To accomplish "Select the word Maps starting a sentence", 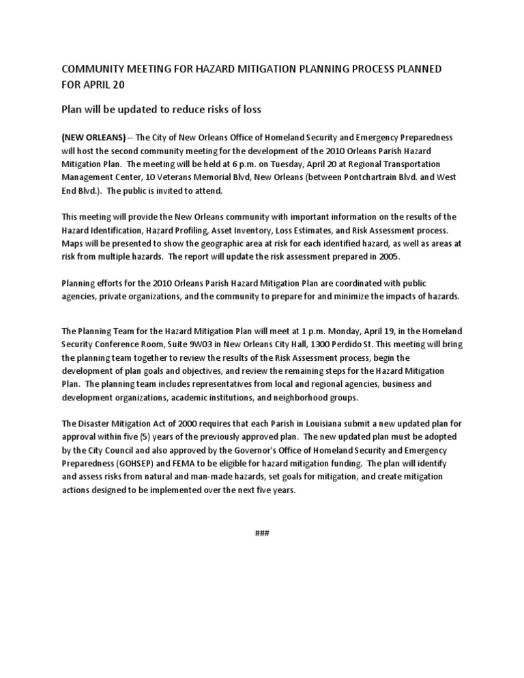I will tap(72, 244).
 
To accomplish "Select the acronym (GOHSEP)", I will tap(139, 462).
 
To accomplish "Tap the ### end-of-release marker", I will tap(262, 533).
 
